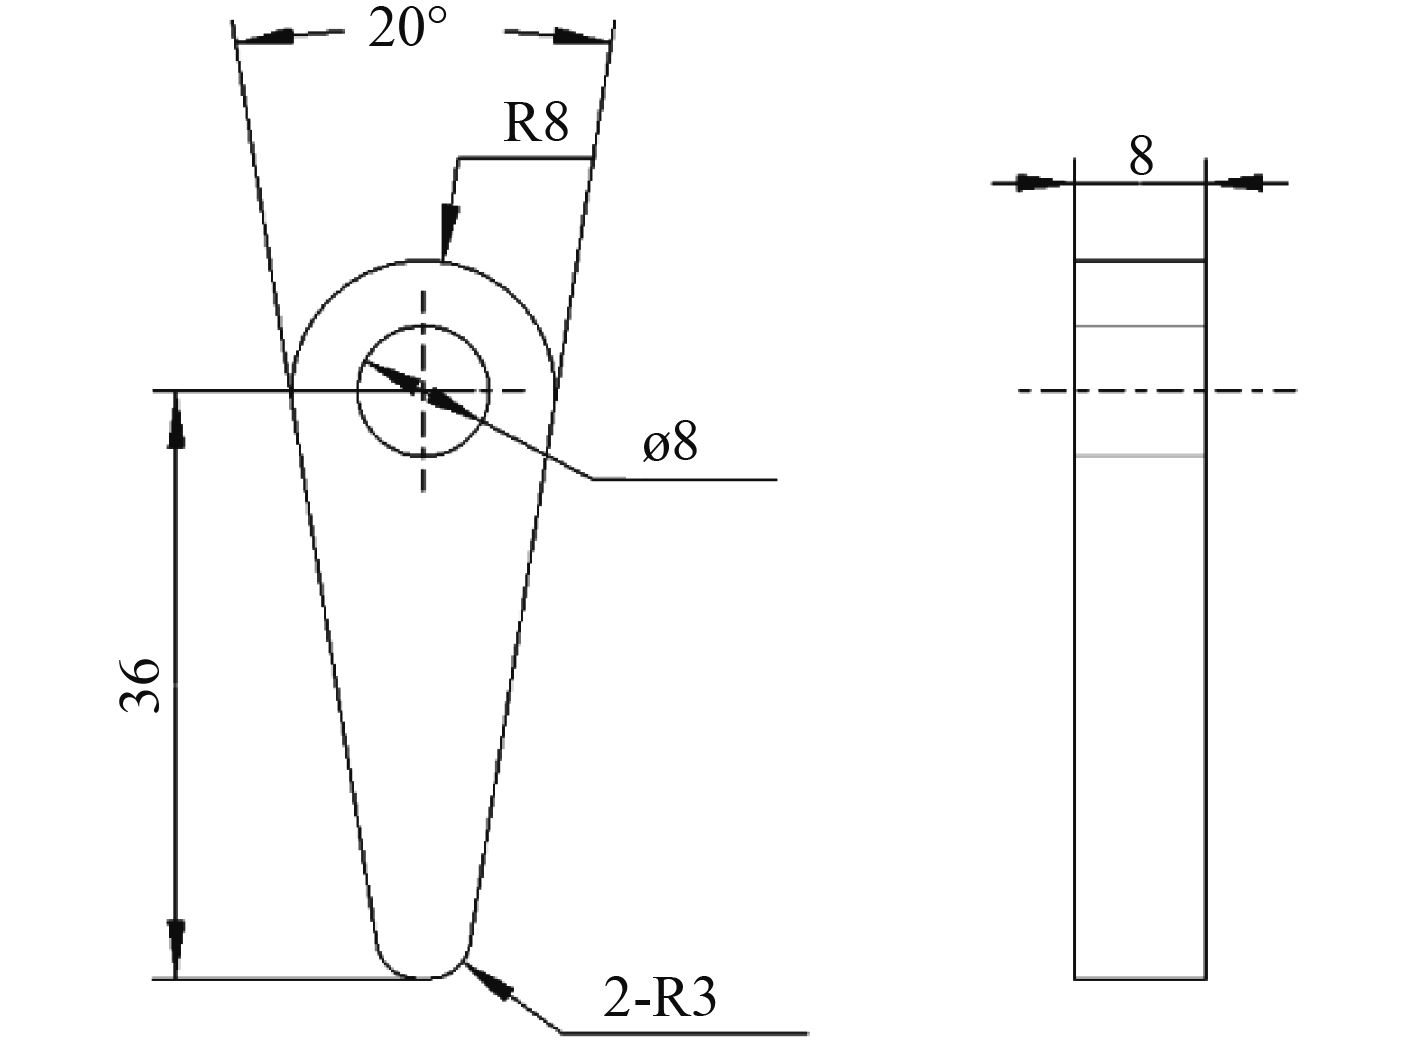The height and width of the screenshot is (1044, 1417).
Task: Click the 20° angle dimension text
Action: tap(408, 27)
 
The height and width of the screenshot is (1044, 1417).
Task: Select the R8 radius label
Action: tap(536, 122)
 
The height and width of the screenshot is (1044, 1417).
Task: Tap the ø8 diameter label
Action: tap(671, 441)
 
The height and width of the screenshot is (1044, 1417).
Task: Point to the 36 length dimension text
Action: tap(139, 685)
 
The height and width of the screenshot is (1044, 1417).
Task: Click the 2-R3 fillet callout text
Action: tap(659, 997)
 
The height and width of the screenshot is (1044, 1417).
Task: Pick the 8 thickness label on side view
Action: tap(1141, 156)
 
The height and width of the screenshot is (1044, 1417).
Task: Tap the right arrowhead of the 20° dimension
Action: tap(581, 37)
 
